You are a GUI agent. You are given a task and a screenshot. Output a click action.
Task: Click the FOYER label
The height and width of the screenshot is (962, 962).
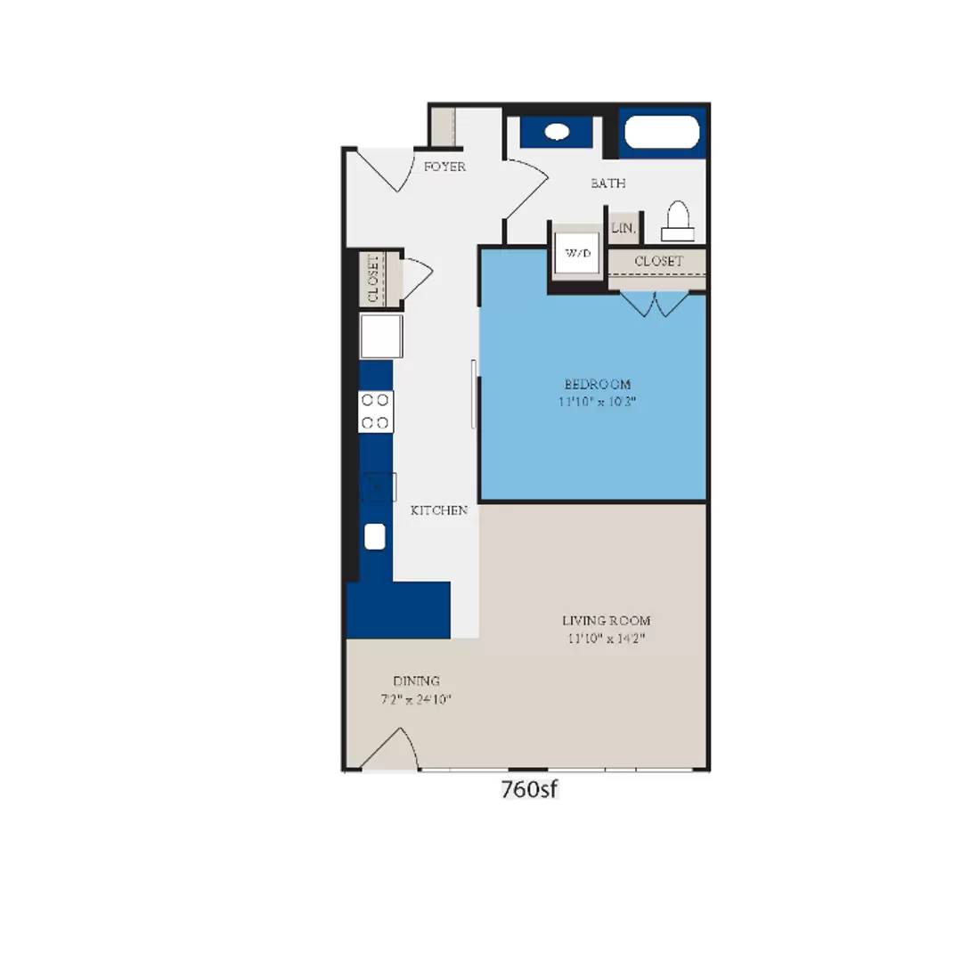[x=444, y=167]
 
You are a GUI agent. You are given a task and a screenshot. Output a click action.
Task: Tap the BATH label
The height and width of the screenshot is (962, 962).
[x=608, y=183]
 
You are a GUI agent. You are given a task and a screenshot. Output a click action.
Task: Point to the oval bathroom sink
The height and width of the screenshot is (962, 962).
[x=558, y=132]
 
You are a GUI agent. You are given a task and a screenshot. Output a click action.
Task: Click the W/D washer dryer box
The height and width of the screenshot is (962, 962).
[x=576, y=254]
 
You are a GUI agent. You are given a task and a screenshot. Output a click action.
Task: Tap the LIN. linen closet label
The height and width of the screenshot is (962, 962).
[x=624, y=228]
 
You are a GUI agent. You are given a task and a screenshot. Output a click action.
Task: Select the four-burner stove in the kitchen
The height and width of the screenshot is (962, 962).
[x=375, y=412]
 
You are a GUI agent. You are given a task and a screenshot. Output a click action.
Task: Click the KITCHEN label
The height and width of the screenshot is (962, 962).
[x=439, y=510]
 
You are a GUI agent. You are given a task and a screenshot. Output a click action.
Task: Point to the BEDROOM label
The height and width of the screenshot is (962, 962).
[x=598, y=384]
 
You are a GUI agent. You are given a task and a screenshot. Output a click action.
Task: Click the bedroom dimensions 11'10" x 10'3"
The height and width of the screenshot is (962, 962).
[x=598, y=401]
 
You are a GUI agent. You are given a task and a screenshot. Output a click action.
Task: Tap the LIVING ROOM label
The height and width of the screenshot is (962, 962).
[x=606, y=620]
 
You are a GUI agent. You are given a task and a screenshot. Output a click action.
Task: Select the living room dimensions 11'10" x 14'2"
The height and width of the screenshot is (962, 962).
[x=606, y=638]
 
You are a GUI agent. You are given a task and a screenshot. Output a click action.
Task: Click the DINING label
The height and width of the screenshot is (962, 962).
[x=416, y=681]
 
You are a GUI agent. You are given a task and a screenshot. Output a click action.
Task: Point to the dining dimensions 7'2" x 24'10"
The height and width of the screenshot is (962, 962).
[x=417, y=699]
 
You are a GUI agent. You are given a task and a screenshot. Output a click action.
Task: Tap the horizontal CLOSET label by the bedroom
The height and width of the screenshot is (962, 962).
[x=658, y=261]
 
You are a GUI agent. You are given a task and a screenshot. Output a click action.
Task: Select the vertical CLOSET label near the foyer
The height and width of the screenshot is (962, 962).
[x=372, y=279]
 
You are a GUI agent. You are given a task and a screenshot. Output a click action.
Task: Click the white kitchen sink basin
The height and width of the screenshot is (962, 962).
[x=375, y=536]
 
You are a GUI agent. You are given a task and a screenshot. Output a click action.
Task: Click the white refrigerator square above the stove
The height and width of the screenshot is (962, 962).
[x=380, y=336]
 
